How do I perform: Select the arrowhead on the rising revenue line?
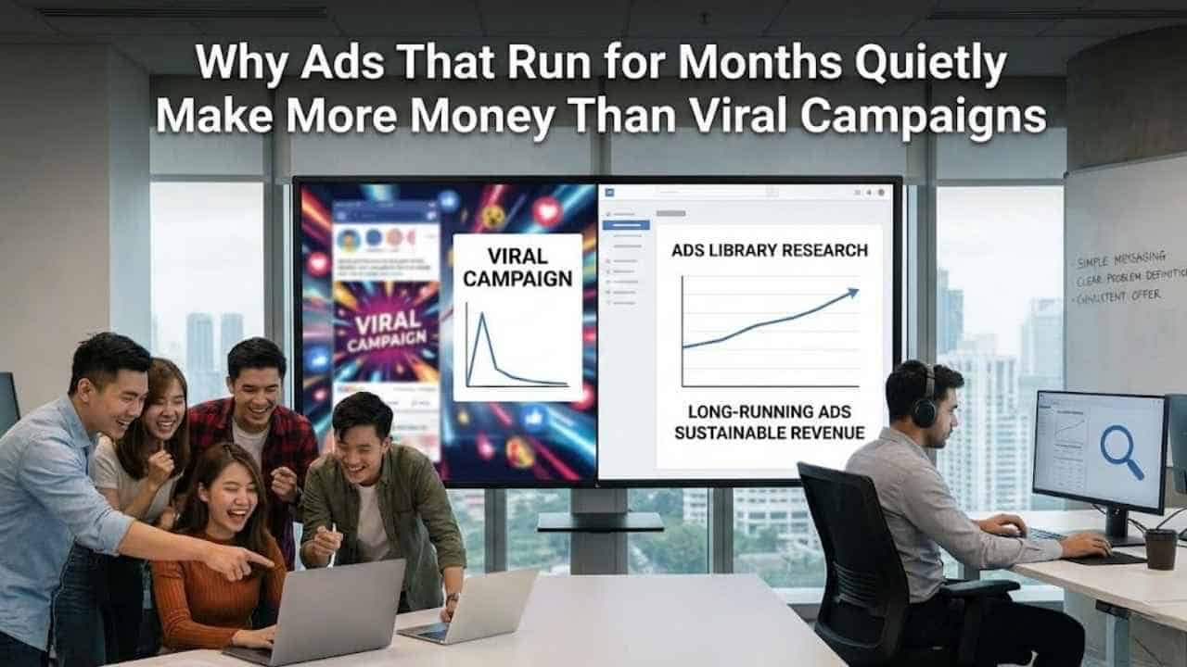click(851, 294)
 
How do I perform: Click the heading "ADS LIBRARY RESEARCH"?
click(770, 250)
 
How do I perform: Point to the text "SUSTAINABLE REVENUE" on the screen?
click(770, 433)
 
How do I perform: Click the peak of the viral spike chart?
click(480, 318)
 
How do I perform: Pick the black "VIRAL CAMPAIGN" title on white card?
click(517, 266)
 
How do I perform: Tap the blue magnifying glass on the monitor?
click(1121, 451)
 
